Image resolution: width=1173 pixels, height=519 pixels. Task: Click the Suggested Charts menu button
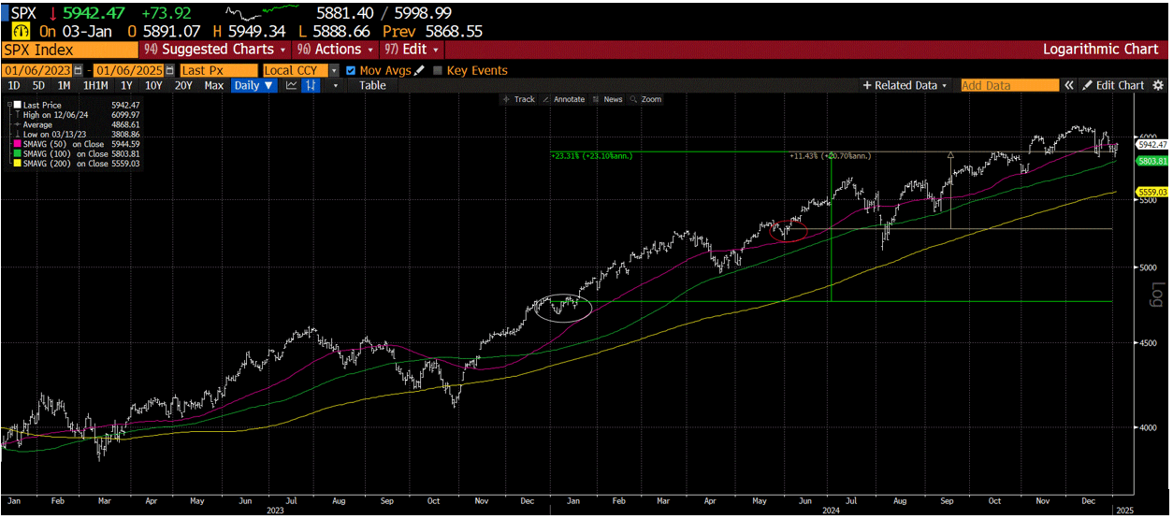(214, 49)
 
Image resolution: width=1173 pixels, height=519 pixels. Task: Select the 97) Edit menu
(410, 49)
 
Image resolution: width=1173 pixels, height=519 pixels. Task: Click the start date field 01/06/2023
(36, 70)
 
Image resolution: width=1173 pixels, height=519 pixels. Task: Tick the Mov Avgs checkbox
(351, 70)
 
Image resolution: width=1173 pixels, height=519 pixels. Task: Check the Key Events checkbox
(438, 70)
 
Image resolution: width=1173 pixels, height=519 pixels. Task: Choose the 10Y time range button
(152, 85)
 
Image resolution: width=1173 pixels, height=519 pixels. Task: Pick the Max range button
(214, 85)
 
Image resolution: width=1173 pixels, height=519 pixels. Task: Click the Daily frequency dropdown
(253, 85)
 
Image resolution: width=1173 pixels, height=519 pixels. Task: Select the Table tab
(372, 85)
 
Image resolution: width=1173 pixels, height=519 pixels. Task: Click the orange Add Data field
(1009, 85)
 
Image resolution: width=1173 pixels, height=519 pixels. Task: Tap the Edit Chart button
(1113, 85)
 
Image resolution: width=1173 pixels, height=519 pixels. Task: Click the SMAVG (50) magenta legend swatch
(17, 144)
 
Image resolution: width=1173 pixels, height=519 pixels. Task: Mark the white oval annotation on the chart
(563, 307)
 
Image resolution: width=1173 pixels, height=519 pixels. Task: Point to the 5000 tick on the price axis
(1148, 267)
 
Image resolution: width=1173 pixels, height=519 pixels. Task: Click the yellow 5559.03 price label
(1151, 192)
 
